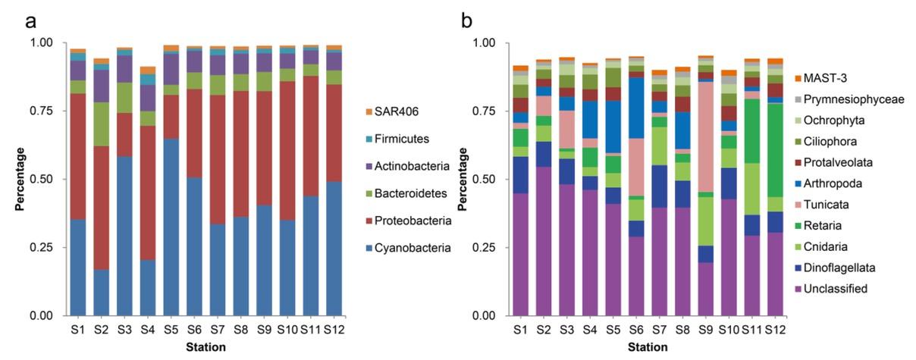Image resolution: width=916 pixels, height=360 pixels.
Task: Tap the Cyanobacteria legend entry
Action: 407,247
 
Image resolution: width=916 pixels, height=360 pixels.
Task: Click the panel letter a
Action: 31,20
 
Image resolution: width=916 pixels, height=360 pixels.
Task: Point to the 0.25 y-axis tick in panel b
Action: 486,248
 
